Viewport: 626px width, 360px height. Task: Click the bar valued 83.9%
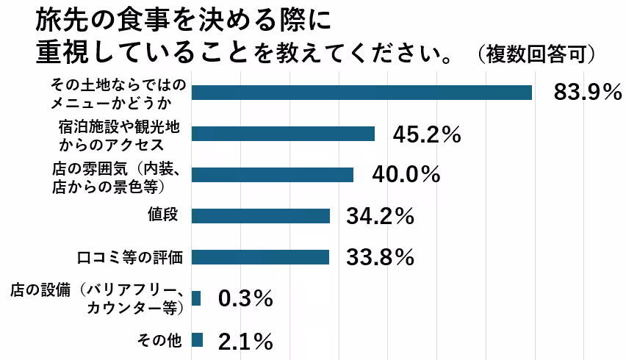pyautogui.click(x=361, y=92)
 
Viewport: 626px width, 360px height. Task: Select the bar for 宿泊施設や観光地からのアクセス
pyautogui.click(x=283, y=133)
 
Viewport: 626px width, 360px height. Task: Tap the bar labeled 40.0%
pyautogui.click(x=272, y=174)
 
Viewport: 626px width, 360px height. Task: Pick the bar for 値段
pyautogui.click(x=260, y=216)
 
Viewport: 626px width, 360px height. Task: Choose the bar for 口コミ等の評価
pyautogui.click(x=260, y=257)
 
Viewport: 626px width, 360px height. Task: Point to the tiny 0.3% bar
pyautogui.click(x=196, y=298)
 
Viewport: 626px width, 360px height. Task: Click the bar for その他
pyautogui.click(x=197, y=339)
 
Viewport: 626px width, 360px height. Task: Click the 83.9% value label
pyautogui.click(x=589, y=92)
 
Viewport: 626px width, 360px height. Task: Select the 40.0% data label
pyautogui.click(x=406, y=175)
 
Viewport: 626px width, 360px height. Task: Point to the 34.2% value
pyautogui.click(x=381, y=216)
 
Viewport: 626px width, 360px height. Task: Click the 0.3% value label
pyautogui.click(x=246, y=298)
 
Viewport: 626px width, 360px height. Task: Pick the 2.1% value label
pyautogui.click(x=246, y=340)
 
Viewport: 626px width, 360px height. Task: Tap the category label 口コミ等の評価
pyautogui.click(x=129, y=257)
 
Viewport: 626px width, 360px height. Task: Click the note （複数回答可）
pyautogui.click(x=534, y=54)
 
